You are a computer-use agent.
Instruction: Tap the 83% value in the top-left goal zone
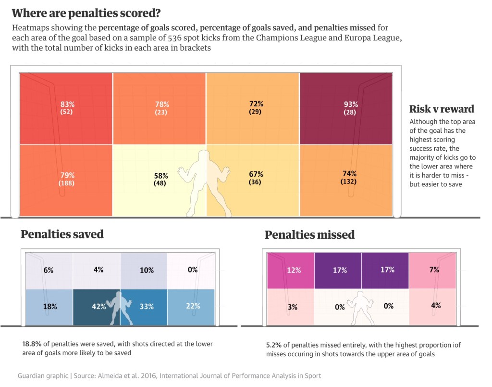pyautogui.click(x=67, y=104)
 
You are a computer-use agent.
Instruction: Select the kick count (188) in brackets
pyautogui.click(x=67, y=182)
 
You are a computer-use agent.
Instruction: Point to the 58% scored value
pyautogui.click(x=161, y=176)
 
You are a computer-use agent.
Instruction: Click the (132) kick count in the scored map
pyautogui.click(x=349, y=181)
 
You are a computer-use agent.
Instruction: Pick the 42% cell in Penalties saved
pyautogui.click(x=98, y=306)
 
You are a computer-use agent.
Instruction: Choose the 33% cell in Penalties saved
pyautogui.click(x=147, y=306)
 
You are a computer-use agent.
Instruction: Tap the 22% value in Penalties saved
pyautogui.click(x=193, y=306)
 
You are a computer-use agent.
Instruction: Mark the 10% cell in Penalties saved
pyautogui.click(x=147, y=270)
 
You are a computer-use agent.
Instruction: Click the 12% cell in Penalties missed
pyautogui.click(x=294, y=271)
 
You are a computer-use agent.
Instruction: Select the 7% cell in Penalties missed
pyautogui.click(x=434, y=270)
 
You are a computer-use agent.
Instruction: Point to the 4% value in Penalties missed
pyautogui.click(x=436, y=305)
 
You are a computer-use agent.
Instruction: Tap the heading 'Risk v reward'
pyautogui.click(x=442, y=109)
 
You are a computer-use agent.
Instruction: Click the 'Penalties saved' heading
pyautogui.click(x=62, y=234)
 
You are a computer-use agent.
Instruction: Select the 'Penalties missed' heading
pyautogui.click(x=309, y=235)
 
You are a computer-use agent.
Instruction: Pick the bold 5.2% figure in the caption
pyautogui.click(x=274, y=345)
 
